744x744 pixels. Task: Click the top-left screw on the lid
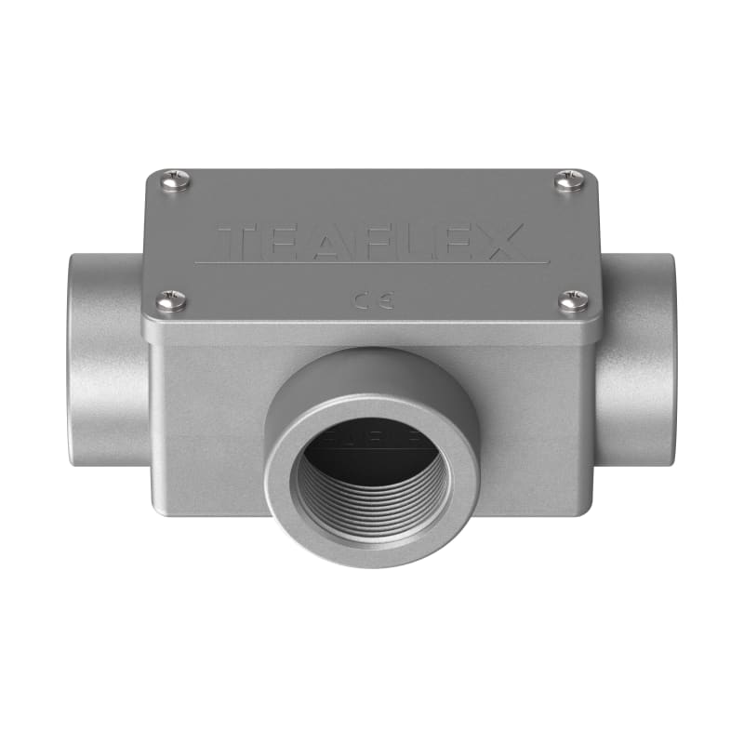(x=175, y=180)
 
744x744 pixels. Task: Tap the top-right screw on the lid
(x=569, y=179)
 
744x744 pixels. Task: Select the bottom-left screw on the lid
(x=171, y=300)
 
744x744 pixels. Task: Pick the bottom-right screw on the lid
(x=573, y=301)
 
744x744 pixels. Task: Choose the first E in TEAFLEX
(x=281, y=242)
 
